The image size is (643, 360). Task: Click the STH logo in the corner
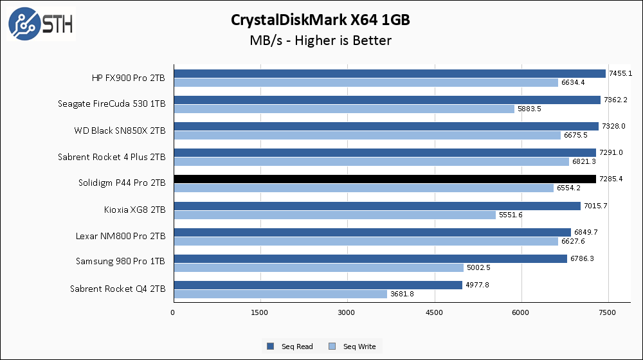pyautogui.click(x=40, y=24)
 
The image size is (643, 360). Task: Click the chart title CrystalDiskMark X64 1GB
pyautogui.click(x=320, y=20)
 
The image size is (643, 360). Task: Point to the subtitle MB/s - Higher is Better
pyautogui.click(x=320, y=40)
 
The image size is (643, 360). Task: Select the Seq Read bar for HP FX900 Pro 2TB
pyautogui.click(x=389, y=74)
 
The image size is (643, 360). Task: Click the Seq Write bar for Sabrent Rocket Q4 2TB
pyautogui.click(x=280, y=294)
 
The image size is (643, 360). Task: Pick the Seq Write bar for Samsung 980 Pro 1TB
pyautogui.click(x=318, y=267)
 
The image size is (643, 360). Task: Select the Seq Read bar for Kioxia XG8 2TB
pyautogui.click(x=376, y=206)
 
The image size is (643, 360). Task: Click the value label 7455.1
pyautogui.click(x=620, y=74)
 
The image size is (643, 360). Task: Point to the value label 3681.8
pyautogui.click(x=402, y=294)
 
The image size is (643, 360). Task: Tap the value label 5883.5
pyautogui.click(x=529, y=109)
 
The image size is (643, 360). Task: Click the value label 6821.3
pyautogui.click(x=583, y=162)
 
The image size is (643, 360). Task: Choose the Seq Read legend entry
pyautogui.click(x=290, y=346)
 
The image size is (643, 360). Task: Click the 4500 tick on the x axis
pyautogui.click(x=435, y=312)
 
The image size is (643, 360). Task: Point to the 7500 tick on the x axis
pyautogui.click(x=608, y=312)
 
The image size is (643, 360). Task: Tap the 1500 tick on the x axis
pyautogui.click(x=260, y=312)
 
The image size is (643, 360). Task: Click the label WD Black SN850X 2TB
pyautogui.click(x=121, y=130)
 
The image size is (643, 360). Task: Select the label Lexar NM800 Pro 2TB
pyautogui.click(x=120, y=236)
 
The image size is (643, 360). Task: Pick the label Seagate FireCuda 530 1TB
pyautogui.click(x=111, y=104)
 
